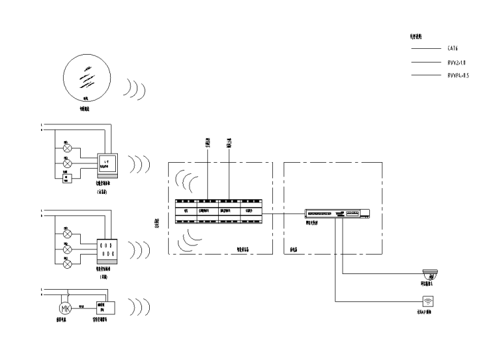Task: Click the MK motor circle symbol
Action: [x=64, y=308]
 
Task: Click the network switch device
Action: [x=337, y=214]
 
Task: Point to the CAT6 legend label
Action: [x=455, y=48]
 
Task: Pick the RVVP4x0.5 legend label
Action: [x=459, y=76]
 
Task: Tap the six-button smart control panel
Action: [x=107, y=250]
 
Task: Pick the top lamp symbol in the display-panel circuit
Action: [x=67, y=147]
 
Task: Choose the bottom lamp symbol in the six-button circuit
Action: [x=67, y=264]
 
